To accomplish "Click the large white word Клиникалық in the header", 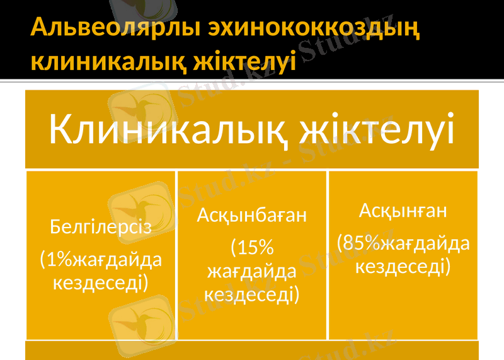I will click(168, 131).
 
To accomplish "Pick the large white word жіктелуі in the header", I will click(378, 131).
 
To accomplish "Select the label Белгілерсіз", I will click(101, 226).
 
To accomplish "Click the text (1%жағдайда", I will click(101, 259).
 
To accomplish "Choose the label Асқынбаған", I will click(252, 216).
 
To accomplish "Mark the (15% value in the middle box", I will click(252, 248).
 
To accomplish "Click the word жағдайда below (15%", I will click(252, 271).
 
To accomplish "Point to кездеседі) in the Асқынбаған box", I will click(252, 293).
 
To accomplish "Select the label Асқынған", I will click(403, 211).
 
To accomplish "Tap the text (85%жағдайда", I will click(403, 243).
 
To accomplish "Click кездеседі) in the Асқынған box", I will click(403, 266).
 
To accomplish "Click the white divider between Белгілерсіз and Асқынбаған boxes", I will click(176, 255).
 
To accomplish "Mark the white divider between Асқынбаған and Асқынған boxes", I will click(328, 255).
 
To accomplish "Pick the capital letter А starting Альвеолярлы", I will click(40, 28).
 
